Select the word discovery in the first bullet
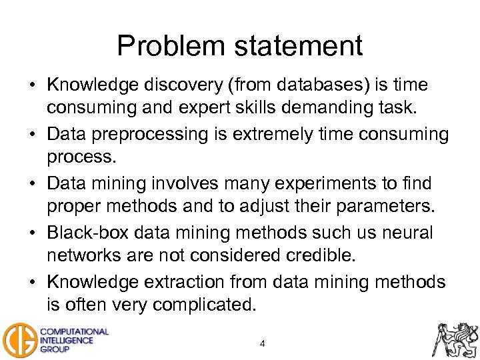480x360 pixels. tap(192, 86)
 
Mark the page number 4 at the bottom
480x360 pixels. tap(263, 344)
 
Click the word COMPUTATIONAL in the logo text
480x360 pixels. tap(75, 331)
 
